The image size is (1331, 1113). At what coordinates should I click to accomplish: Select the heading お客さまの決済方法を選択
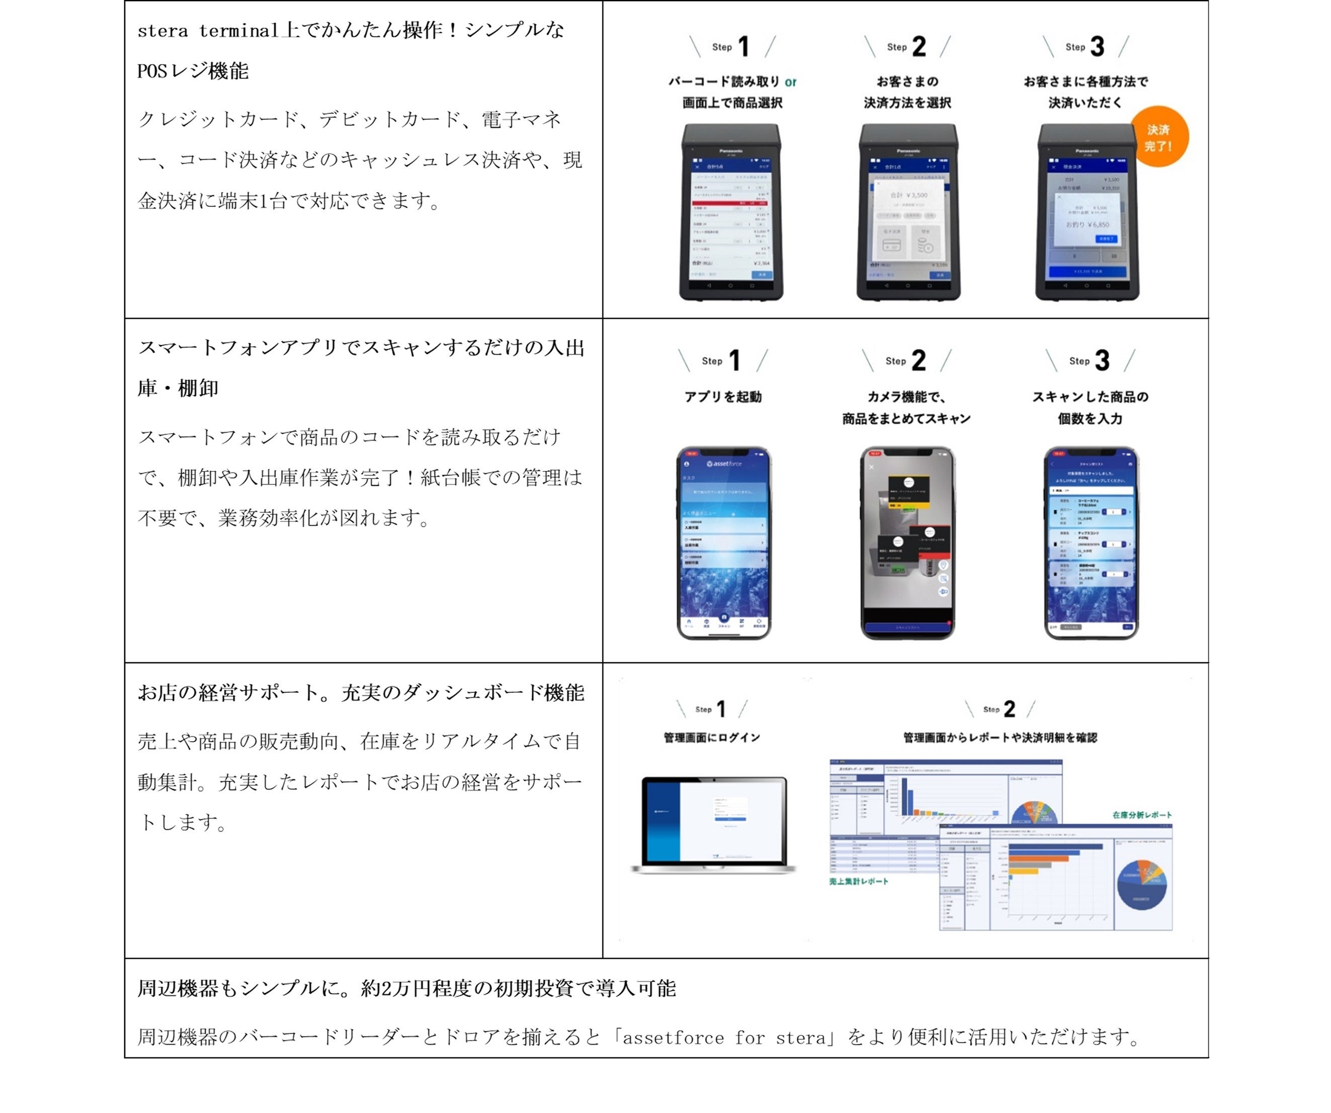907,92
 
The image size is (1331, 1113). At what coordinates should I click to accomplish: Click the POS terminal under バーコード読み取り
731,212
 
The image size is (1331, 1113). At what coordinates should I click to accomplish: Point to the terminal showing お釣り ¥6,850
1087,212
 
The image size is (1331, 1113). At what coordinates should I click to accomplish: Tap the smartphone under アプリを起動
724,542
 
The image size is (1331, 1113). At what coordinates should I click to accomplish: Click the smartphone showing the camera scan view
907,542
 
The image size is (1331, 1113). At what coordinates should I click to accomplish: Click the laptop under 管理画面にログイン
714,824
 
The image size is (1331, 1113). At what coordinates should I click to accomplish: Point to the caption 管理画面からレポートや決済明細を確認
1000,738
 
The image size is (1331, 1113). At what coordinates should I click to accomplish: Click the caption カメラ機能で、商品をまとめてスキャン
906,408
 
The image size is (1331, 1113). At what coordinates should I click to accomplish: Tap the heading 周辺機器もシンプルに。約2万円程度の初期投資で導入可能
407,988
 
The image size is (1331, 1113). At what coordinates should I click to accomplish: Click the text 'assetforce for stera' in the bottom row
724,1038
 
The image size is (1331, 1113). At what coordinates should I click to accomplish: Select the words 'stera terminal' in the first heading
208,30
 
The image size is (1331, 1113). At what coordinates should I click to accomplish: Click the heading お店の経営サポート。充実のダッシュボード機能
361,693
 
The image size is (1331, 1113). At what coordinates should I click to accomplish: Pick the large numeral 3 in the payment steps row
1097,46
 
